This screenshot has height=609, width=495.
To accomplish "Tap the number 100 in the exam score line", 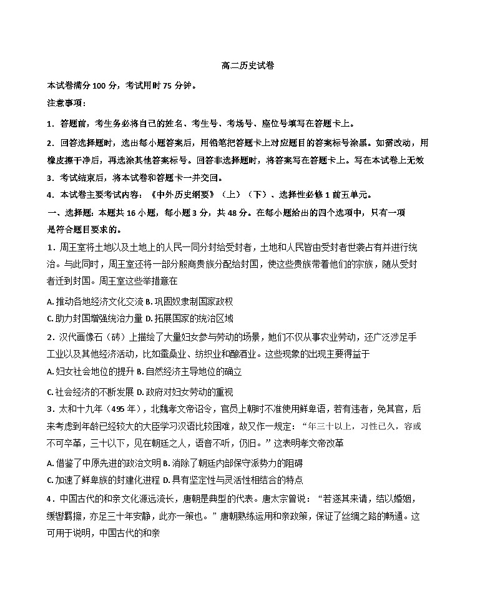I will coord(99,85).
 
